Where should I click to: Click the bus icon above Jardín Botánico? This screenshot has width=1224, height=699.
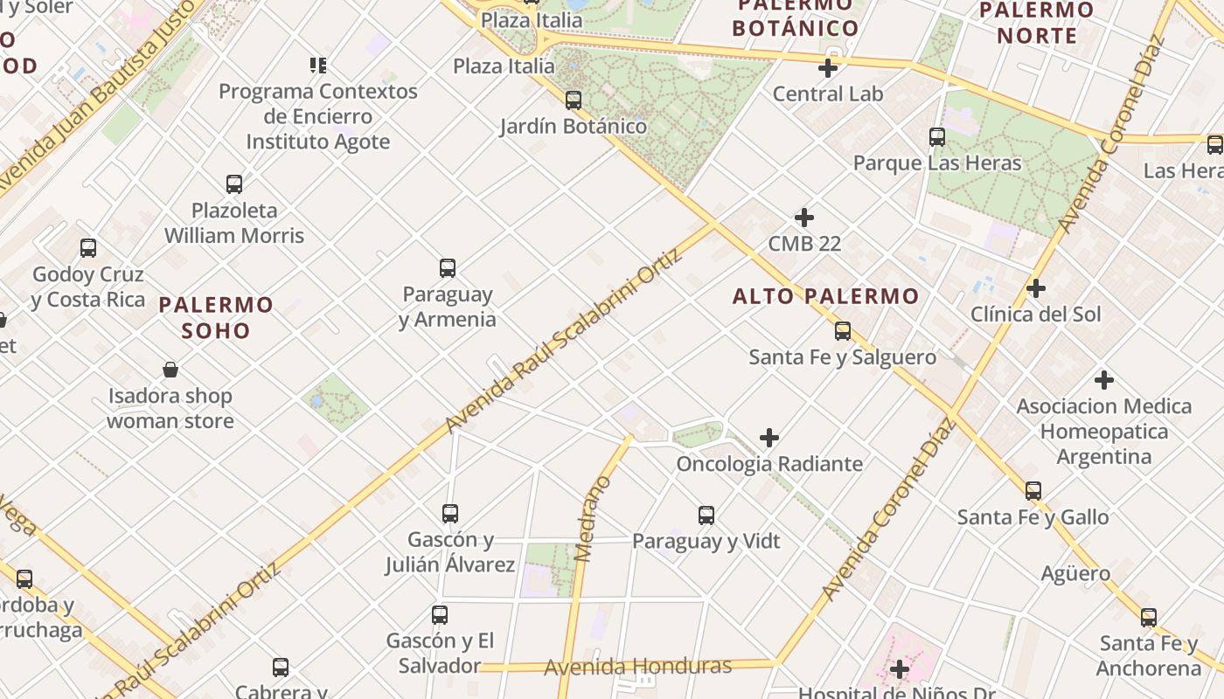coord(574,100)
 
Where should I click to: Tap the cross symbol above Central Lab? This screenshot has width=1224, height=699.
coord(828,68)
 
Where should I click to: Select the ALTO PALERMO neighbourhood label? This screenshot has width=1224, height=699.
coord(825,297)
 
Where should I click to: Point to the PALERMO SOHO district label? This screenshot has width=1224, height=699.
coord(216,317)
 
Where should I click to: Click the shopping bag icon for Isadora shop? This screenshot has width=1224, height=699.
coord(170,370)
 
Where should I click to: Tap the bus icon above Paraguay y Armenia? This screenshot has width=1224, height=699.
coord(448,268)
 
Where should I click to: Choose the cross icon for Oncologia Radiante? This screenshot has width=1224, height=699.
coord(769,438)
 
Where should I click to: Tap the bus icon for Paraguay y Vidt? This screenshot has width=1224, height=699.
coord(706,516)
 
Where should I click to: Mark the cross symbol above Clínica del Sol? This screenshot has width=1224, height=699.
coord(1036,288)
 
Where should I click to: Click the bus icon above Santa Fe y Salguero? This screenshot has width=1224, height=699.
coord(843,331)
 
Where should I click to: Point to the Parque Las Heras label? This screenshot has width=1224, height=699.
coord(936,163)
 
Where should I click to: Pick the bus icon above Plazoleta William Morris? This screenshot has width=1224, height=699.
coord(234,184)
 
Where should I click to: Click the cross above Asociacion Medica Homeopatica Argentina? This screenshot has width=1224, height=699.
coord(1104,380)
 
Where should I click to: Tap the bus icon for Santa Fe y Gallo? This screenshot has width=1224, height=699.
coord(1033,491)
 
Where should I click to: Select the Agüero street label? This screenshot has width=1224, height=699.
coord(1075,574)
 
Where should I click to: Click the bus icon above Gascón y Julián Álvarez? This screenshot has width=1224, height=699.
coord(450,514)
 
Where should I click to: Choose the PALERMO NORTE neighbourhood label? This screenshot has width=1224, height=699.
coord(1037,23)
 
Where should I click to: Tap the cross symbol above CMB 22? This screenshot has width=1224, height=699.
coord(804,218)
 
